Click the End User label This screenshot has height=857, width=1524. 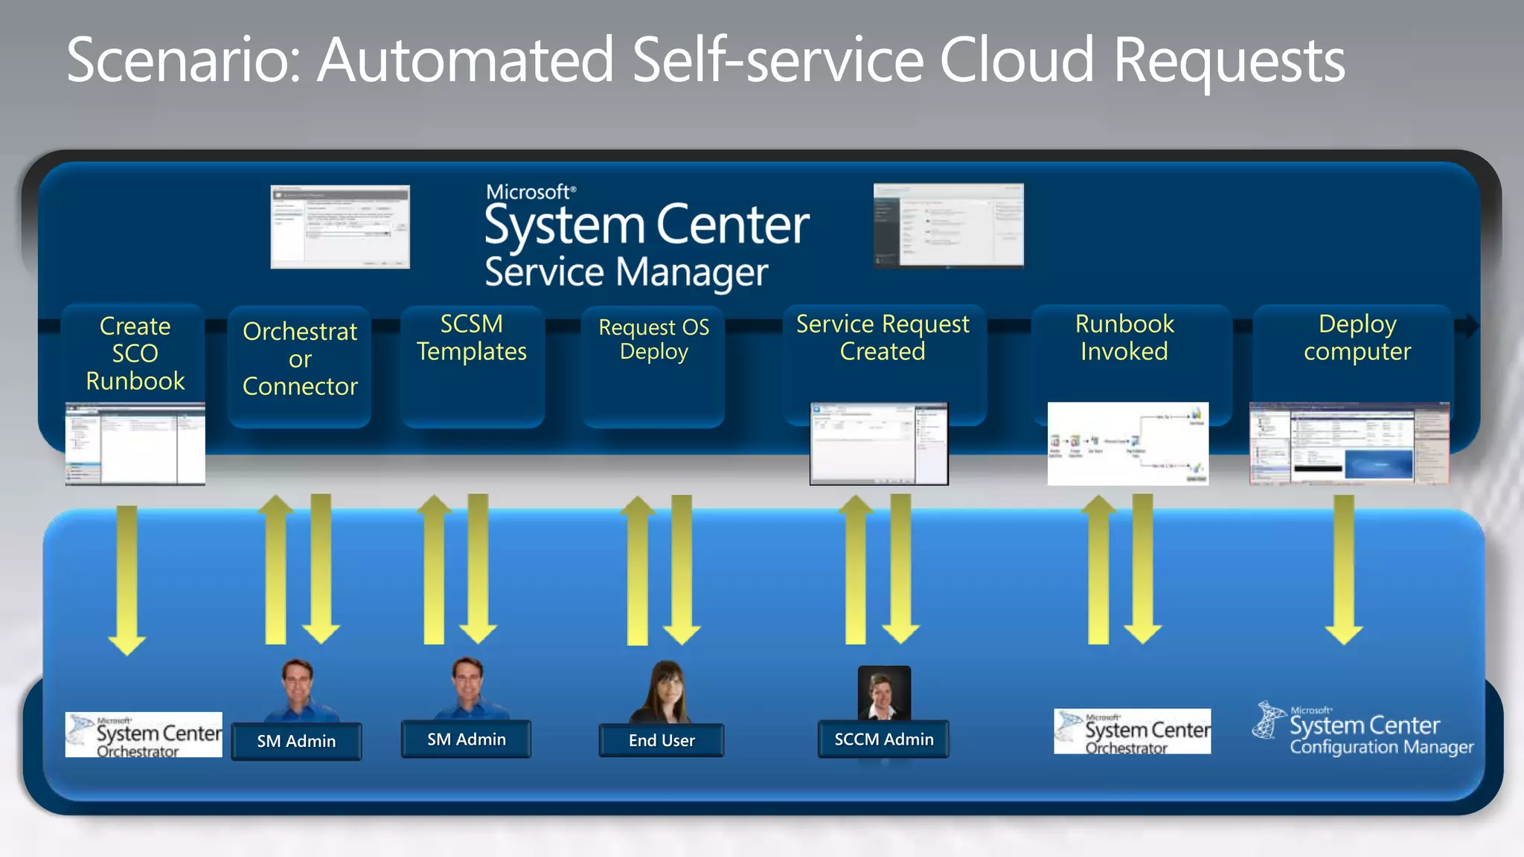point(661,740)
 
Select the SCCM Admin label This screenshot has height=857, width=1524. point(883,739)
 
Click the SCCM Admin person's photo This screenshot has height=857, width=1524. point(884,693)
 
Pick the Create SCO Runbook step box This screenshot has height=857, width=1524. point(135,353)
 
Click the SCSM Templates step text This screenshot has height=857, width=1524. point(472,338)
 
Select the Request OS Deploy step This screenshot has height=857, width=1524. point(653,339)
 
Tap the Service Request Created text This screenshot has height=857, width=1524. point(883,338)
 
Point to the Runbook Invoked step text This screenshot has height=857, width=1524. point(1124,338)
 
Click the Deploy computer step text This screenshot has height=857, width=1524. point(1357,338)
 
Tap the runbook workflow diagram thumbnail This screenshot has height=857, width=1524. point(1127,444)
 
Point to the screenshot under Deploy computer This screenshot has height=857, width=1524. point(1349,444)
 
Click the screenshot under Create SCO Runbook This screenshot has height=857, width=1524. point(135,444)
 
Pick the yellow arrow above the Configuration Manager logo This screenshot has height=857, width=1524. point(1344,569)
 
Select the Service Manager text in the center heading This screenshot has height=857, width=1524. point(626,272)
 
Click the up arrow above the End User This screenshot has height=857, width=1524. point(638,569)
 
